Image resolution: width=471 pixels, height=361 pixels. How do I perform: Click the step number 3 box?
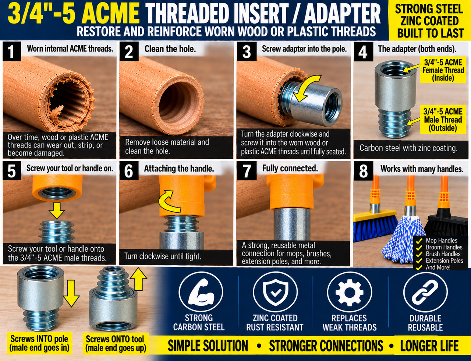(x=247, y=52)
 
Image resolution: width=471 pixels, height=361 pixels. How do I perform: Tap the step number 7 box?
(x=247, y=171)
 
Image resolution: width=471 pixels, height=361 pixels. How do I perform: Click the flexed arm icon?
(x=201, y=292)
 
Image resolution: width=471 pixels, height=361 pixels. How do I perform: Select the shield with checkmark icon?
(x=275, y=292)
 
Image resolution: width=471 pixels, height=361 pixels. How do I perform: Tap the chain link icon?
(x=425, y=292)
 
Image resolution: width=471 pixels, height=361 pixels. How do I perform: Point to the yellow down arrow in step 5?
(x=57, y=210)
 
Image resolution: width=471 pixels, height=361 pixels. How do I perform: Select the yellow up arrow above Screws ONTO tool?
(x=138, y=279)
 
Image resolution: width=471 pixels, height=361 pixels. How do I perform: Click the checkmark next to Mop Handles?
(x=419, y=241)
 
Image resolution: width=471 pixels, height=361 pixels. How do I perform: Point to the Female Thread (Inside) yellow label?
(x=443, y=70)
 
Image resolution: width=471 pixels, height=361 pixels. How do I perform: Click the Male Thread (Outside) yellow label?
(x=443, y=120)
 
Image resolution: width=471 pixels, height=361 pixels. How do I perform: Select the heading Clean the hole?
(x=170, y=49)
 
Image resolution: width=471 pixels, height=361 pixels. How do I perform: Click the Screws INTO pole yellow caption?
(x=39, y=344)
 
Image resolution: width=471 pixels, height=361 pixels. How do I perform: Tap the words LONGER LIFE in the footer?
(x=429, y=346)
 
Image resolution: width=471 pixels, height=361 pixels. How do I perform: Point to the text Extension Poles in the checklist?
(x=445, y=261)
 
